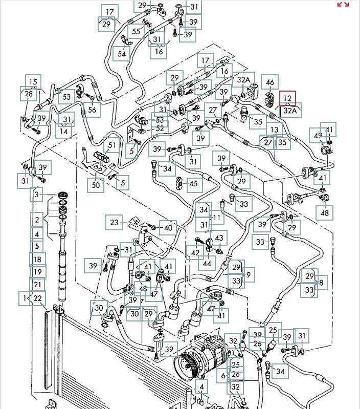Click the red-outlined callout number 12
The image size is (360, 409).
click(x=287, y=98)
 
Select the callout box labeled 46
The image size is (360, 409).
click(x=270, y=82)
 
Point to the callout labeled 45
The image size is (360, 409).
click(x=194, y=184)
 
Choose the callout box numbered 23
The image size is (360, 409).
click(x=114, y=223)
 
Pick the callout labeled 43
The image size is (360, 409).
click(x=219, y=239)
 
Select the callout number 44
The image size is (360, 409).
click(x=207, y=264)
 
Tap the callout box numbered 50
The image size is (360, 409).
click(x=95, y=184)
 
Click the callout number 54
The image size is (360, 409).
click(x=121, y=54)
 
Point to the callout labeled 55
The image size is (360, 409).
click(x=136, y=31)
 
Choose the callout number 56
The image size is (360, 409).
click(x=92, y=109)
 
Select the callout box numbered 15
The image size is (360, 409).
click(x=33, y=81)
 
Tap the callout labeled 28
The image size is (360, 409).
click(x=28, y=94)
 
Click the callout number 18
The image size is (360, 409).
click(x=37, y=259)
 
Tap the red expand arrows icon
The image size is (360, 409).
click(x=343, y=4)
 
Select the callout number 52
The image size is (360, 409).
click(x=160, y=129)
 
